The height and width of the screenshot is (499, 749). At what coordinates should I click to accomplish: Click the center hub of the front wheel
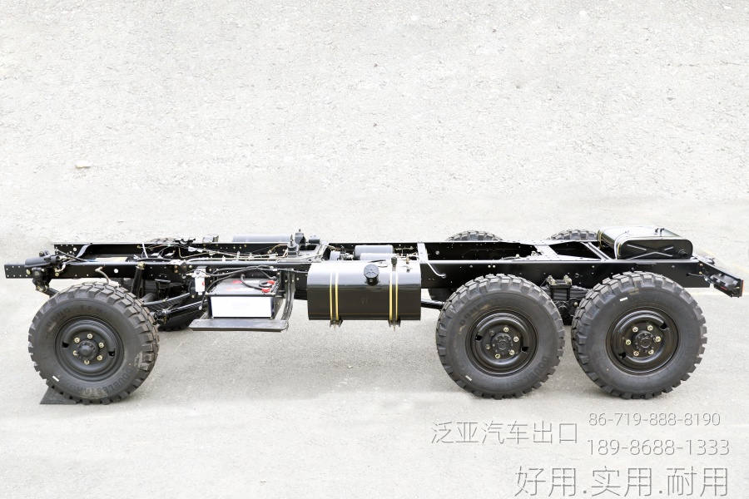[x=87, y=348]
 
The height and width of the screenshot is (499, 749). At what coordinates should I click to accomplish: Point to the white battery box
[x=241, y=301]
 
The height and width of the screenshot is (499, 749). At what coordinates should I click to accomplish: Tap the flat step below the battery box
[x=239, y=324]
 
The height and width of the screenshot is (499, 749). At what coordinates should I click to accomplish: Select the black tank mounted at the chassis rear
[x=645, y=243]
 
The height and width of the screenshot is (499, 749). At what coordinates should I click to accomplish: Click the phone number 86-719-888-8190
[x=654, y=419]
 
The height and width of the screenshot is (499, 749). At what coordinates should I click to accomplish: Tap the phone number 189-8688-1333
[x=657, y=447]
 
